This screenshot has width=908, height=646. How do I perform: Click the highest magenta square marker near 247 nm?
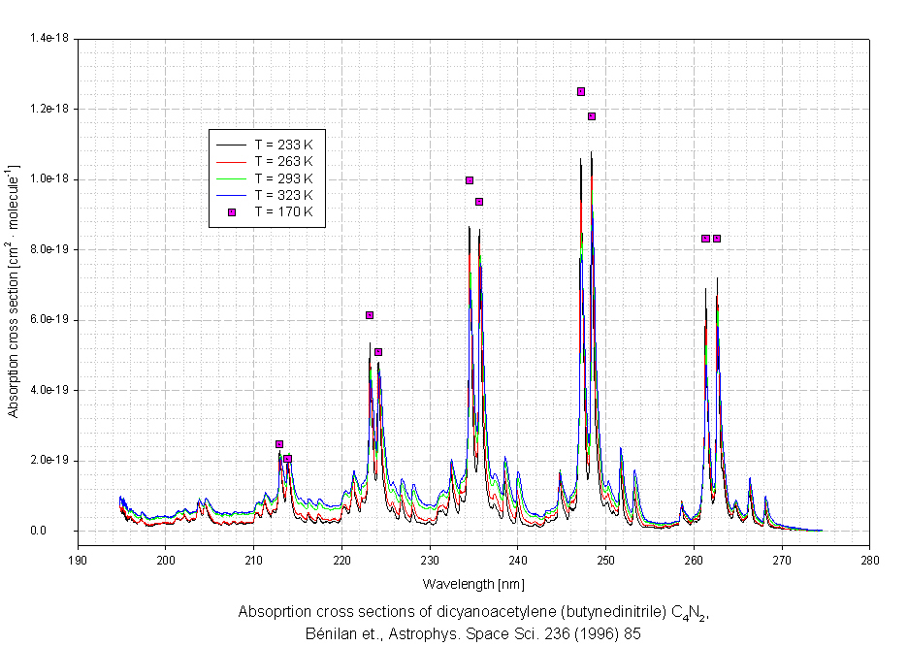(x=581, y=92)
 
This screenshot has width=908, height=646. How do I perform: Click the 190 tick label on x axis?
(x=78, y=560)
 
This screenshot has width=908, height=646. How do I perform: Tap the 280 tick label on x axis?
(x=870, y=560)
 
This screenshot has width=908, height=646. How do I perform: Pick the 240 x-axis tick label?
(x=518, y=560)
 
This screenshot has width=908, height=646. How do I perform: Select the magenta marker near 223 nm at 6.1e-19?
(x=370, y=315)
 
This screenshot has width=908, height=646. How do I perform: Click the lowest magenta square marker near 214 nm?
(x=288, y=459)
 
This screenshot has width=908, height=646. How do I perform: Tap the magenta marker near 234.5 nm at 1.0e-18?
(x=470, y=180)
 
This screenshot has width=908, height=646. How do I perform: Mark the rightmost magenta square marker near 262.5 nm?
(x=717, y=239)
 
